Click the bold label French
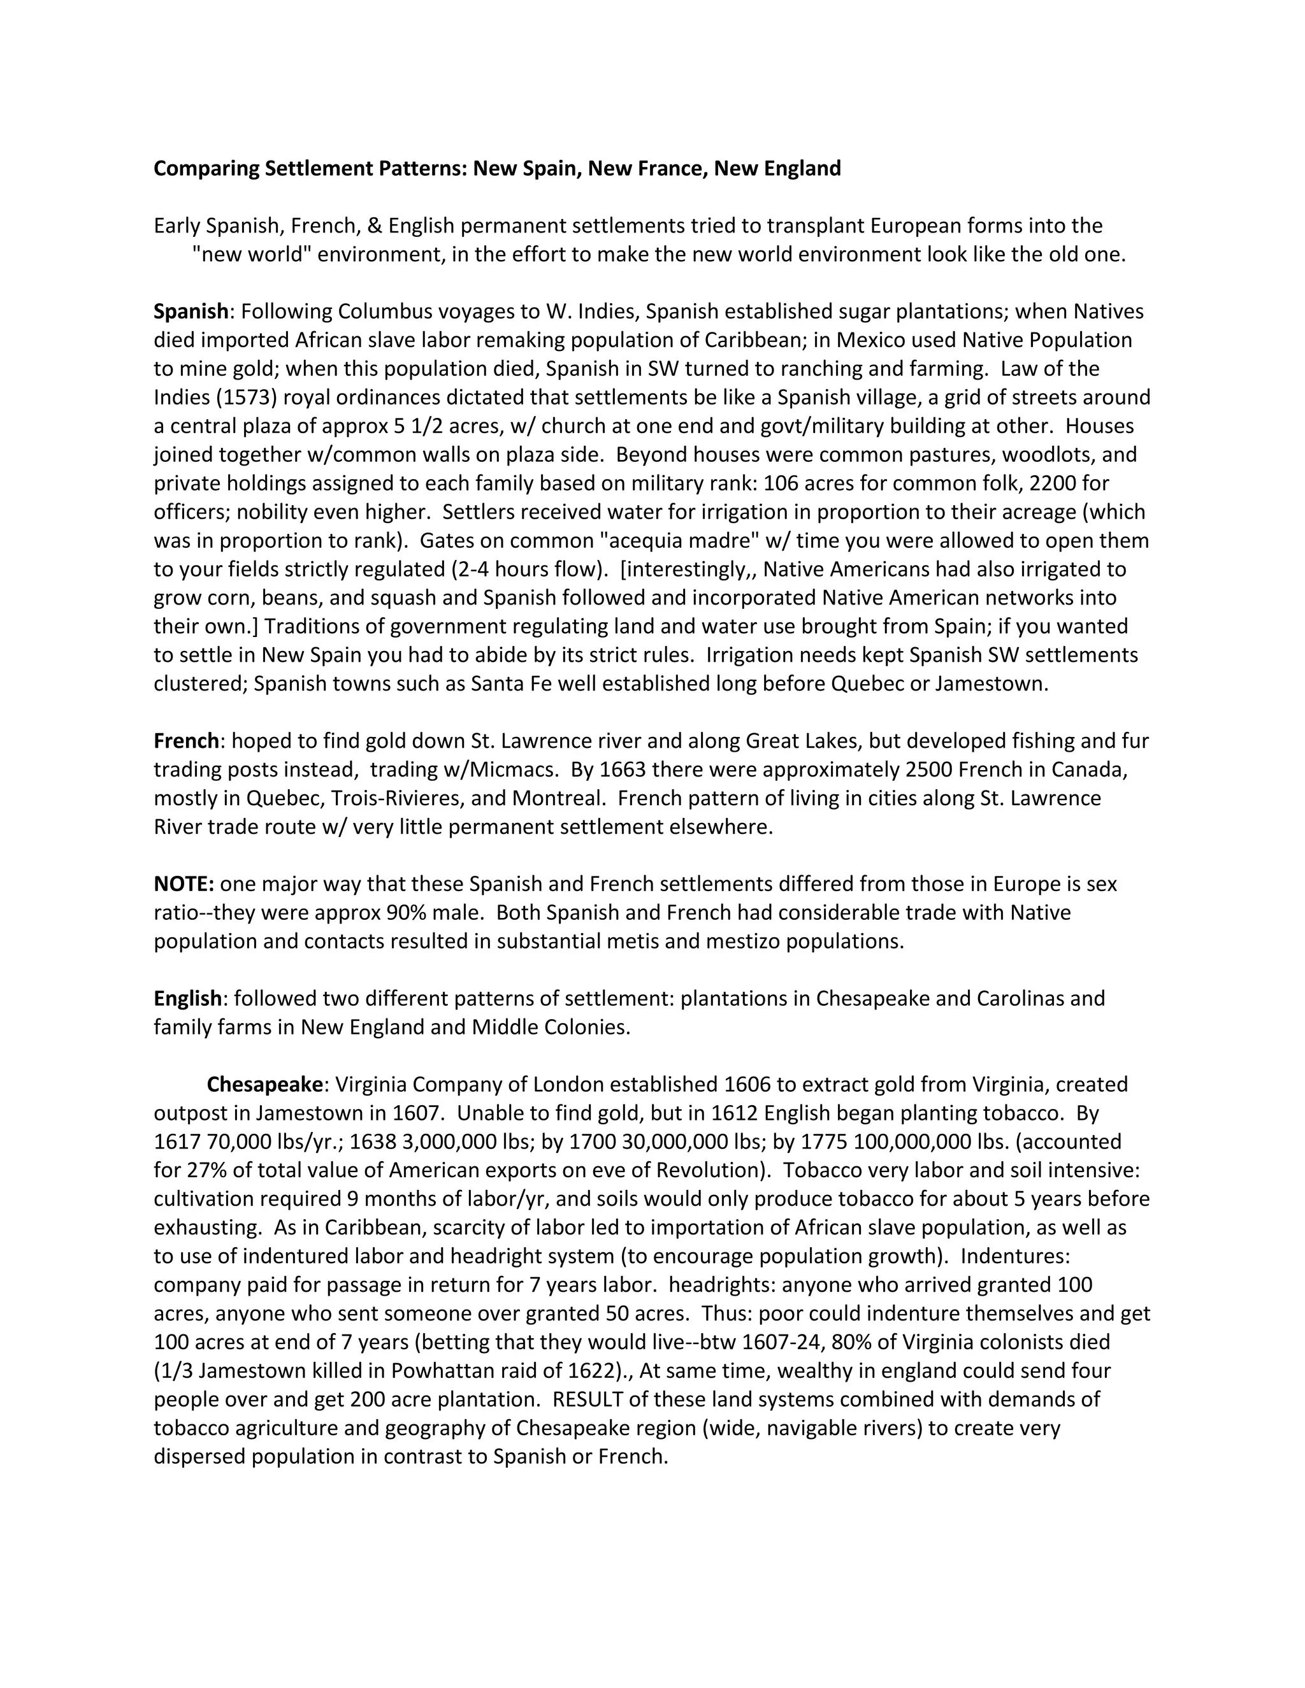click(x=186, y=741)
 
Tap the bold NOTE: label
click(x=184, y=884)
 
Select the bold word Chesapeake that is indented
click(x=264, y=1084)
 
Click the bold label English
click(x=188, y=999)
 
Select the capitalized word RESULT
click(x=588, y=1399)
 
